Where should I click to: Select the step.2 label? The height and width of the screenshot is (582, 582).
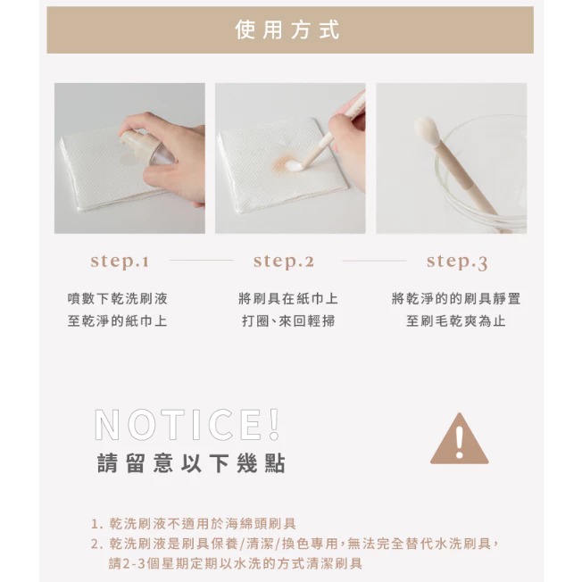pyautogui.click(x=284, y=262)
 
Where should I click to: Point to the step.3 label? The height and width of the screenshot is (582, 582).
pyautogui.click(x=456, y=262)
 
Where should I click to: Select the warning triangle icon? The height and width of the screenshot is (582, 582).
pyautogui.click(x=459, y=440)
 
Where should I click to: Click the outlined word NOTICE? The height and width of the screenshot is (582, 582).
pyautogui.click(x=187, y=425)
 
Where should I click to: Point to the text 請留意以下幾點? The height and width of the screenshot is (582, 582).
pyautogui.click(x=191, y=464)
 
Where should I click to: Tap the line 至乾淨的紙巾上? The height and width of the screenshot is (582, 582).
pyautogui.click(x=117, y=320)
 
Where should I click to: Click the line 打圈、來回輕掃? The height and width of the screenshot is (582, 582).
pyautogui.click(x=287, y=320)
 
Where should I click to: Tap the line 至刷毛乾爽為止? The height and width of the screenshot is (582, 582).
pyautogui.click(x=455, y=320)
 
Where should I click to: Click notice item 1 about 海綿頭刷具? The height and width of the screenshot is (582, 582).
pyautogui.click(x=193, y=524)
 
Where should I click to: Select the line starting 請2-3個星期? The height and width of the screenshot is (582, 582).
pyautogui.click(x=236, y=563)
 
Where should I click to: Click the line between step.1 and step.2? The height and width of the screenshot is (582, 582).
pyautogui.click(x=201, y=262)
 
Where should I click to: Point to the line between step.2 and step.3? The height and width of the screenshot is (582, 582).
pyautogui.click(x=374, y=262)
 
